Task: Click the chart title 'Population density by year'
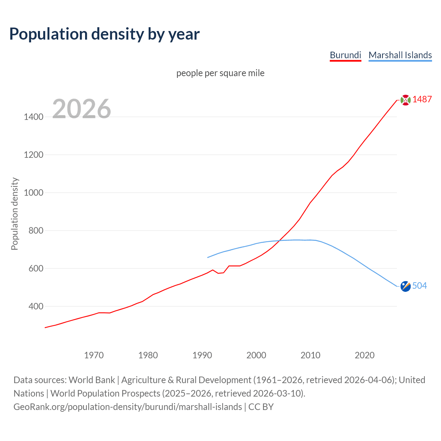104,34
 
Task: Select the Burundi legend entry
345,55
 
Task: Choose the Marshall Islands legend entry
400,55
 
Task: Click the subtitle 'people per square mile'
220,73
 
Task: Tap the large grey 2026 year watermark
82,109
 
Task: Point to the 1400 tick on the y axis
33,117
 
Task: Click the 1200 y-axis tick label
33,155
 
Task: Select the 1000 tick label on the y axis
33,193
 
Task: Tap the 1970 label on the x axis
94,355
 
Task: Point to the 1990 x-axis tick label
202,355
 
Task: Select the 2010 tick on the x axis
310,355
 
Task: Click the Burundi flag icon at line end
406,100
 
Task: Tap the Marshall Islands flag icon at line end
406,286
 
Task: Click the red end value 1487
422,100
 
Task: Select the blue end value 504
419,286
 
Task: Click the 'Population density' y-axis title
14,214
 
